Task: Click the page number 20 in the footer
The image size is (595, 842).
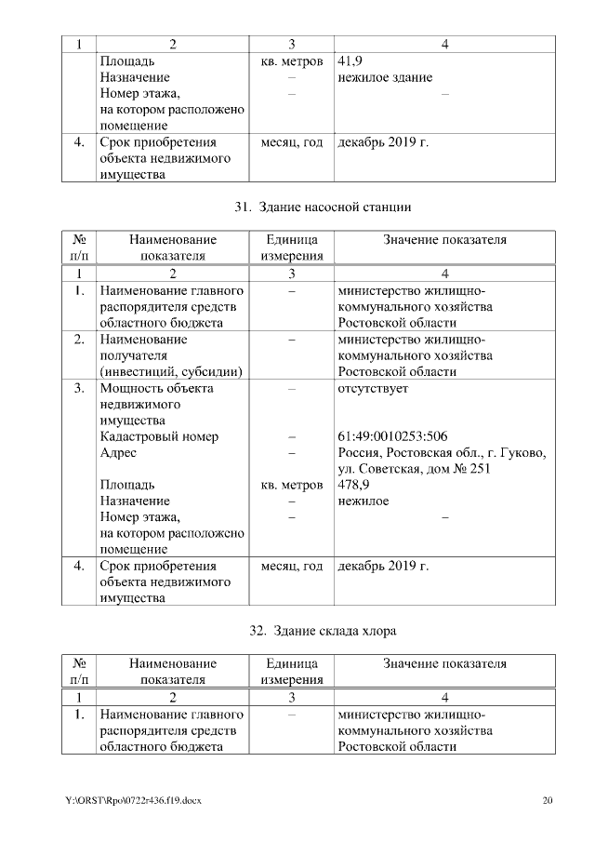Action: pyautogui.click(x=548, y=799)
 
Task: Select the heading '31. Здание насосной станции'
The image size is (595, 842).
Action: pyautogui.click(x=322, y=207)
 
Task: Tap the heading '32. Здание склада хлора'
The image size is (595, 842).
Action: pyautogui.click(x=323, y=632)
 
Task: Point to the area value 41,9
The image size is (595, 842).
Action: pyautogui.click(x=350, y=61)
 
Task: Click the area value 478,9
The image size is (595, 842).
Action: pyautogui.click(x=353, y=485)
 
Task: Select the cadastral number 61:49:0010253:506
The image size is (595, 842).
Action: pyautogui.click(x=392, y=436)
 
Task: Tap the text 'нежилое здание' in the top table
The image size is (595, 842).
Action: pyautogui.click(x=384, y=77)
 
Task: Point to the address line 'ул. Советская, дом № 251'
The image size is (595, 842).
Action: pyautogui.click(x=413, y=468)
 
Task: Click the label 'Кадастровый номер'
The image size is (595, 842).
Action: pyautogui.click(x=159, y=436)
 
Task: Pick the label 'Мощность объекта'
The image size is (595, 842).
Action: pyautogui.click(x=156, y=388)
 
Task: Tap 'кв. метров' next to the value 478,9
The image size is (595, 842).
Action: pyautogui.click(x=292, y=485)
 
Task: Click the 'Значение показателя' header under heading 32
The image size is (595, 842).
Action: pyautogui.click(x=444, y=663)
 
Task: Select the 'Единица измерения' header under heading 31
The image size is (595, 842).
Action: pyautogui.click(x=292, y=247)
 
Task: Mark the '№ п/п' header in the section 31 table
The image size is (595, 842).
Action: pyautogui.click(x=79, y=247)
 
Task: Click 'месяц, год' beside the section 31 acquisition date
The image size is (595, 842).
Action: pyautogui.click(x=292, y=565)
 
